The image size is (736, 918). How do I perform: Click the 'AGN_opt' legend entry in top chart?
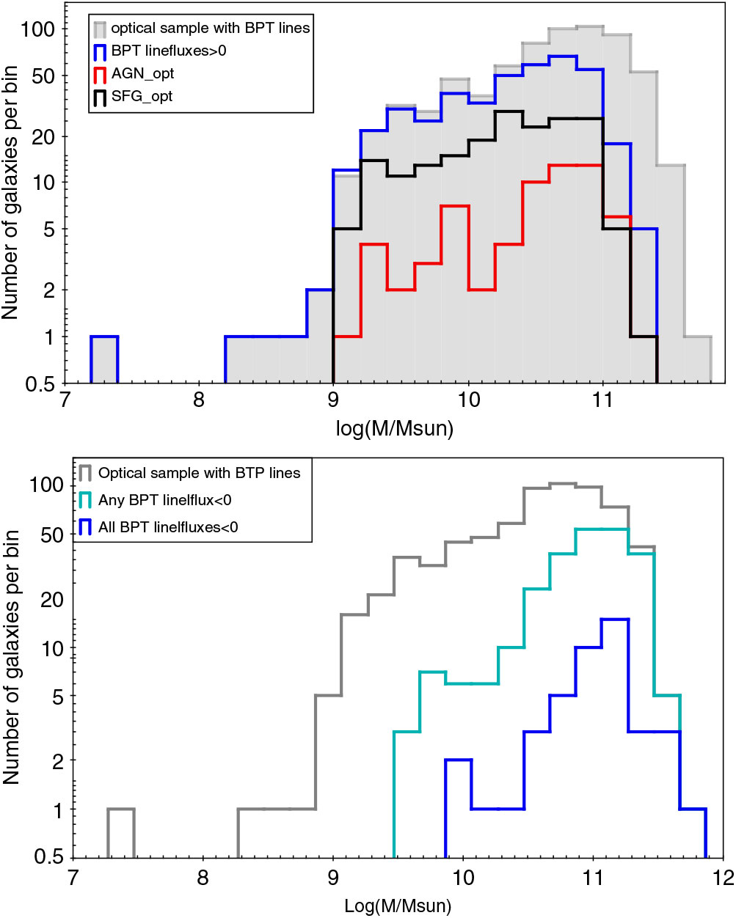(142, 73)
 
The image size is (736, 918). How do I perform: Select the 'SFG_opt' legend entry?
(142, 96)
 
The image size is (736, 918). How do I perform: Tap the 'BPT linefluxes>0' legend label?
(169, 51)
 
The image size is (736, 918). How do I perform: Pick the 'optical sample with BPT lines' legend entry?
(210, 28)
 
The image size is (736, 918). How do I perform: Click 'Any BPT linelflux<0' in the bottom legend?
(164, 500)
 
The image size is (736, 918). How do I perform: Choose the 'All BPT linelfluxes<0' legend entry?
(167, 526)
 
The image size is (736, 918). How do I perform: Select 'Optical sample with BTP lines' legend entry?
(199, 473)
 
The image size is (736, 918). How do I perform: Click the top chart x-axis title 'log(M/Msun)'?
(395, 427)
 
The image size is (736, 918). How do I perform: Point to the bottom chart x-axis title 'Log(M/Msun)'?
(398, 906)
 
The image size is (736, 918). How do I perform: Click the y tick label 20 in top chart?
(45, 136)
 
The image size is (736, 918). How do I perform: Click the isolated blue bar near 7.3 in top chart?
(105, 359)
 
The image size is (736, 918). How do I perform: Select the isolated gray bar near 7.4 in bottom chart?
(121, 833)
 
